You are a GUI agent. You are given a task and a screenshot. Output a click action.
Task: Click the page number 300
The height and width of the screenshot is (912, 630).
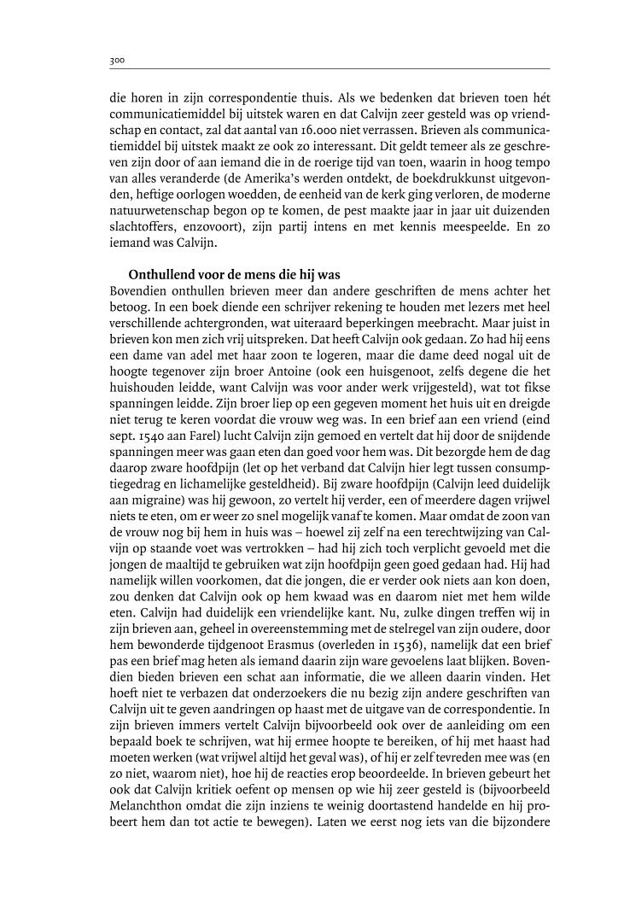pos(118,61)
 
